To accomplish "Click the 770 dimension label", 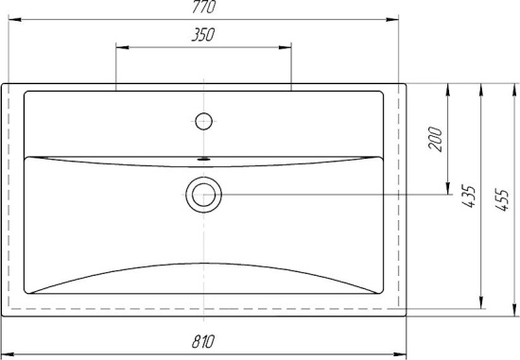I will (x=203, y=8).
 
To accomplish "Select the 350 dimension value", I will (x=203, y=35).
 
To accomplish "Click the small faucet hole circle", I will (x=203, y=120).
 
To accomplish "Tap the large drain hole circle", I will (x=203, y=197).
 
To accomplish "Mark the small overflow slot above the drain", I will (x=203, y=159).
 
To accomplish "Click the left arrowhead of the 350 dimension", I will (x=119, y=44).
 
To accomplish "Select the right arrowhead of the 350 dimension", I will (x=287, y=44).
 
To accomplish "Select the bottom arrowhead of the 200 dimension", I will (x=448, y=192).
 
